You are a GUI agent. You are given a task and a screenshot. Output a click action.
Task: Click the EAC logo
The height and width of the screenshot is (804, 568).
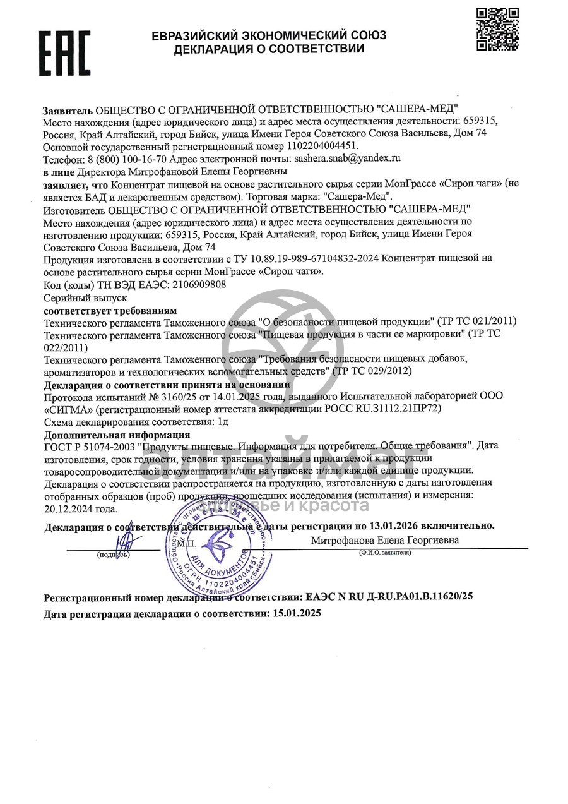click(66, 54)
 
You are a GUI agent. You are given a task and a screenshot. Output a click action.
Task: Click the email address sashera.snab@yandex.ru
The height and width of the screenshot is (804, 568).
click(348, 159)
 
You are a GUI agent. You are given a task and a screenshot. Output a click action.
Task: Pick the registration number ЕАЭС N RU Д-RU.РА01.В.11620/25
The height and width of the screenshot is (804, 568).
click(389, 596)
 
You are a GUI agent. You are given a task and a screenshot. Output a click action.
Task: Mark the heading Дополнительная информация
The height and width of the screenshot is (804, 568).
click(117, 435)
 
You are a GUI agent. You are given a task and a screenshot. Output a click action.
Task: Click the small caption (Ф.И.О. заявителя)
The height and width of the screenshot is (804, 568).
click(385, 553)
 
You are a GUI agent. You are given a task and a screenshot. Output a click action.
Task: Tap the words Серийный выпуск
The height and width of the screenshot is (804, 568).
click(85, 297)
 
